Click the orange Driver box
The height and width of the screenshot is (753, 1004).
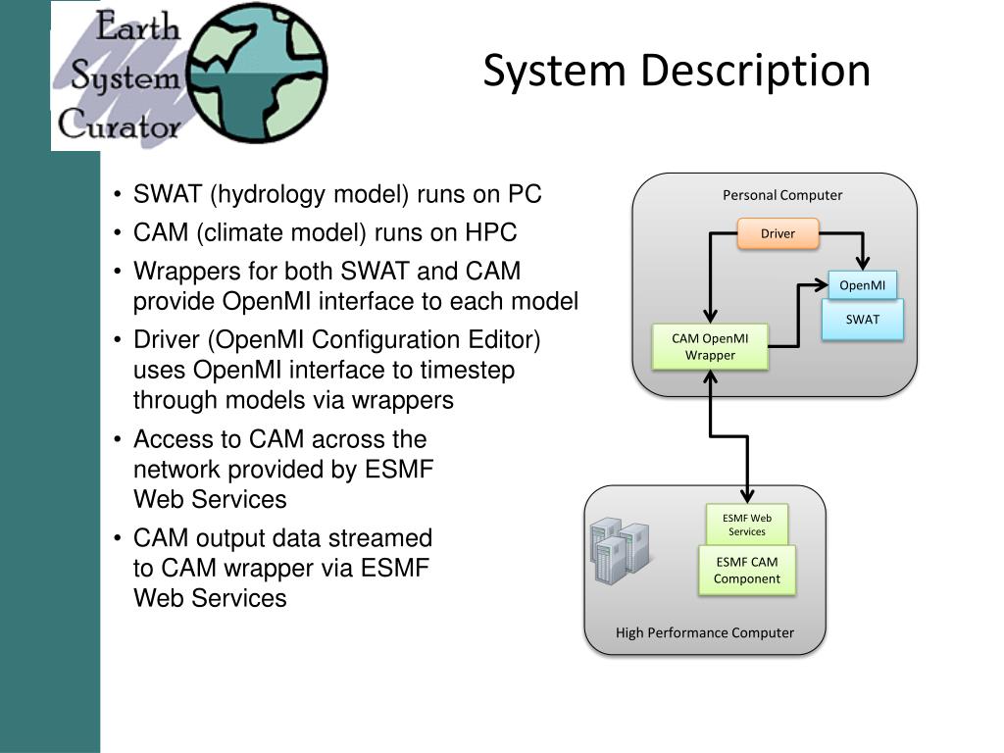[778, 233]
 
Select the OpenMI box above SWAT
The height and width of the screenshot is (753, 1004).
[863, 285]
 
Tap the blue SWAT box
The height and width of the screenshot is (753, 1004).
[863, 320]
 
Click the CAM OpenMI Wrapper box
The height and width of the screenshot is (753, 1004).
[710, 347]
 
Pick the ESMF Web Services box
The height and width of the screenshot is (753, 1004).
[747, 526]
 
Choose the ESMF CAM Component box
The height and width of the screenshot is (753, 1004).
[747, 571]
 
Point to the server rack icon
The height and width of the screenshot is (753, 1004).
[620, 551]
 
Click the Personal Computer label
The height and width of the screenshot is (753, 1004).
[782, 195]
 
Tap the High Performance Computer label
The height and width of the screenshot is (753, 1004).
[704, 632]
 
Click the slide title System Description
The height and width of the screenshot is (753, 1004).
[677, 71]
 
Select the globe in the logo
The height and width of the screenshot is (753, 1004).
[258, 73]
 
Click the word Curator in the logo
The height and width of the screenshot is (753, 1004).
[119, 125]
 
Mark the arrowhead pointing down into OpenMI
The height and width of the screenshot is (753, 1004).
[863, 263]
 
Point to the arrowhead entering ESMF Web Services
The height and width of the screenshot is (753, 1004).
[747, 496]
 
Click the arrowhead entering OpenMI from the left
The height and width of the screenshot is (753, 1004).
[821, 285]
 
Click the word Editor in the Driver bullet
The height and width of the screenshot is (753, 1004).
[504, 340]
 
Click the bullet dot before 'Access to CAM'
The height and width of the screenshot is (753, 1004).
[118, 440]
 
